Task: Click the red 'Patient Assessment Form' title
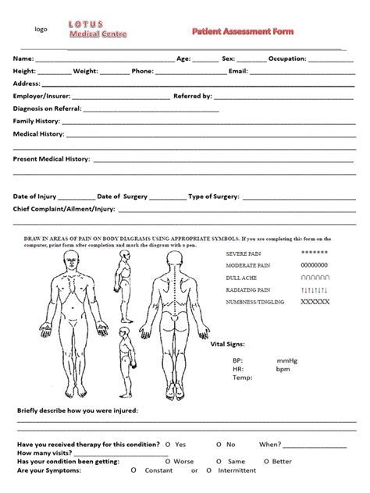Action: tap(243, 30)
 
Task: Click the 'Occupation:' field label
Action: tap(288, 59)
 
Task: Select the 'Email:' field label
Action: tap(238, 71)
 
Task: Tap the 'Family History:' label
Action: tap(36, 121)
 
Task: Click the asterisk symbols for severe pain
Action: tap(314, 254)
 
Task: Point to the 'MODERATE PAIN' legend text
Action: tap(247, 265)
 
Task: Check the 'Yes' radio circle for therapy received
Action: tap(167, 445)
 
